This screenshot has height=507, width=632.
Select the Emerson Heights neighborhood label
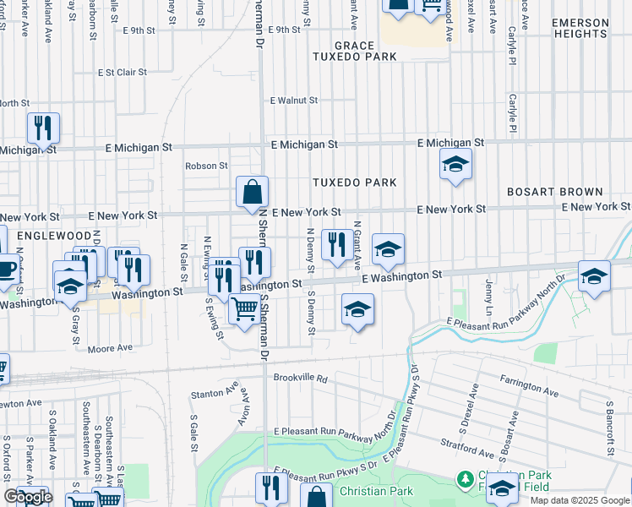pos(581,28)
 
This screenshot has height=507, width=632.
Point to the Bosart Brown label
pos(555,193)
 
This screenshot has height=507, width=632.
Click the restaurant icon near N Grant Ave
pos(337,245)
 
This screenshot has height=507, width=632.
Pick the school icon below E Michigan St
pos(455,165)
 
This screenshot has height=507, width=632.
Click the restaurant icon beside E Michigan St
pos(43,128)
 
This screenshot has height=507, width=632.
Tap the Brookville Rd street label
pos(300,379)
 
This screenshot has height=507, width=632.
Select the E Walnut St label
pos(293,100)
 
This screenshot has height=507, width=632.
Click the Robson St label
pos(207,166)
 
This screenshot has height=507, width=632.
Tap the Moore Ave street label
pos(111,347)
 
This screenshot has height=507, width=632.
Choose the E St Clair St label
pos(123,73)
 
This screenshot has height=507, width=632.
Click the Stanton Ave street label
pos(215,393)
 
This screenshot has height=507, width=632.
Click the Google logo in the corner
pos(28,497)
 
